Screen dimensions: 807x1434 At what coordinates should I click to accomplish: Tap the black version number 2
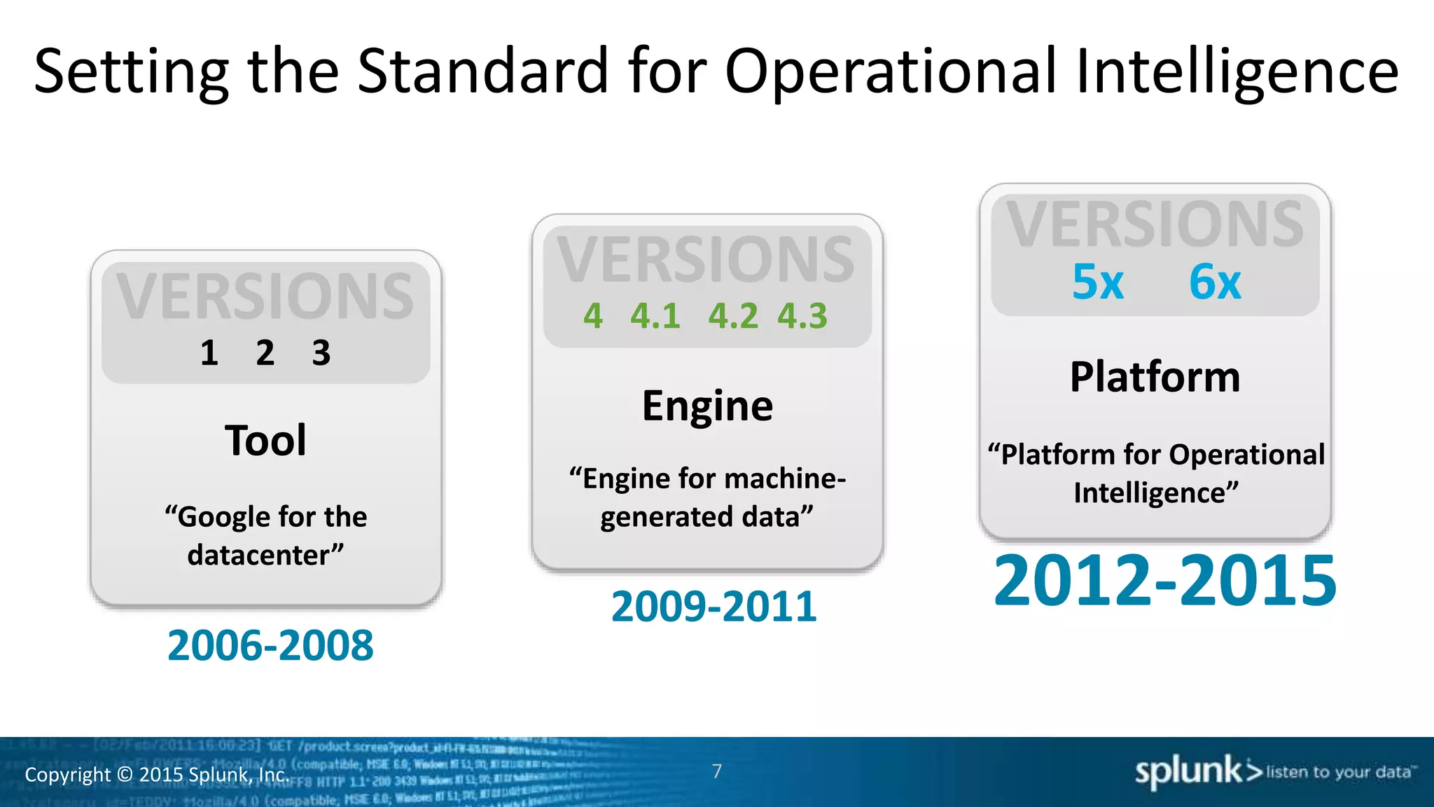[265, 352]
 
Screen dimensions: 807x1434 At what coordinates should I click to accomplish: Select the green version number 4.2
[732, 316]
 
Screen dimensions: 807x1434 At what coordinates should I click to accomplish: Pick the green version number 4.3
[802, 316]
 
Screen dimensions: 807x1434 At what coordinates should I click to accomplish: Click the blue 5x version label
[1097, 282]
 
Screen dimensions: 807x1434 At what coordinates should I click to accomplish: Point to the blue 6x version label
[1215, 282]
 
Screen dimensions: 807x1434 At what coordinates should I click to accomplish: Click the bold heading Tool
[265, 441]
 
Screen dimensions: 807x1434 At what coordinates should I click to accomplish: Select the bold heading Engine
[707, 406]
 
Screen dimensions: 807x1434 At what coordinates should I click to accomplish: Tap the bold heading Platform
[1155, 377]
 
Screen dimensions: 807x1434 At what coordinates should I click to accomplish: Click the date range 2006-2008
[270, 645]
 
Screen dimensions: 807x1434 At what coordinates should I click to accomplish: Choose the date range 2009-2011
[713, 606]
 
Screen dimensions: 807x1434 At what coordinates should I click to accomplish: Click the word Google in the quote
[222, 517]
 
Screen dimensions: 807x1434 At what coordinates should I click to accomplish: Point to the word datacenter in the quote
[258, 555]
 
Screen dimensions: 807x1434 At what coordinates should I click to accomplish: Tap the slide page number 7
[717, 771]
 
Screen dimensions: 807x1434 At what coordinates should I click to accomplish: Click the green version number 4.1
[655, 316]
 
